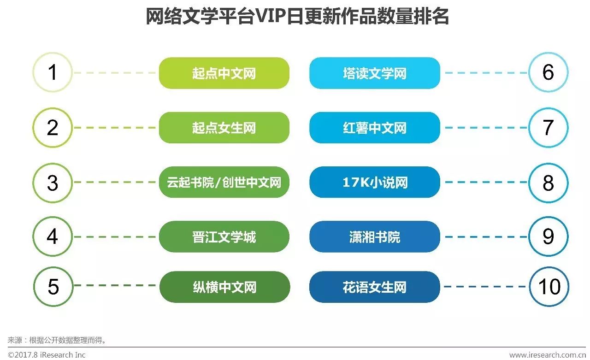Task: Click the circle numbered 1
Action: point(53,72)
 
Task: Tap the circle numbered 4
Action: point(53,236)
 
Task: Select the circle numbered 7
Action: point(548,128)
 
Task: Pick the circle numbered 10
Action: point(549,287)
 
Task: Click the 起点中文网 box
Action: point(224,73)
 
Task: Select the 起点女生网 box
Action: point(224,128)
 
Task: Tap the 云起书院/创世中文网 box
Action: point(224,182)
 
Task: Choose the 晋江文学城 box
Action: point(224,237)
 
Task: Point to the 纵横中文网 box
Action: point(224,287)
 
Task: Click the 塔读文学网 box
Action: point(374,73)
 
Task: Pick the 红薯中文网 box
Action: point(374,128)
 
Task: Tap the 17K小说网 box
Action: point(374,182)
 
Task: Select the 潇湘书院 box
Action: point(374,237)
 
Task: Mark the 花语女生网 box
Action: point(374,287)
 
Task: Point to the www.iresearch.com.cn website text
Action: point(547,354)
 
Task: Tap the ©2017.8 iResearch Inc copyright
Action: point(47,354)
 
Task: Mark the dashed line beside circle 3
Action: point(115,182)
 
